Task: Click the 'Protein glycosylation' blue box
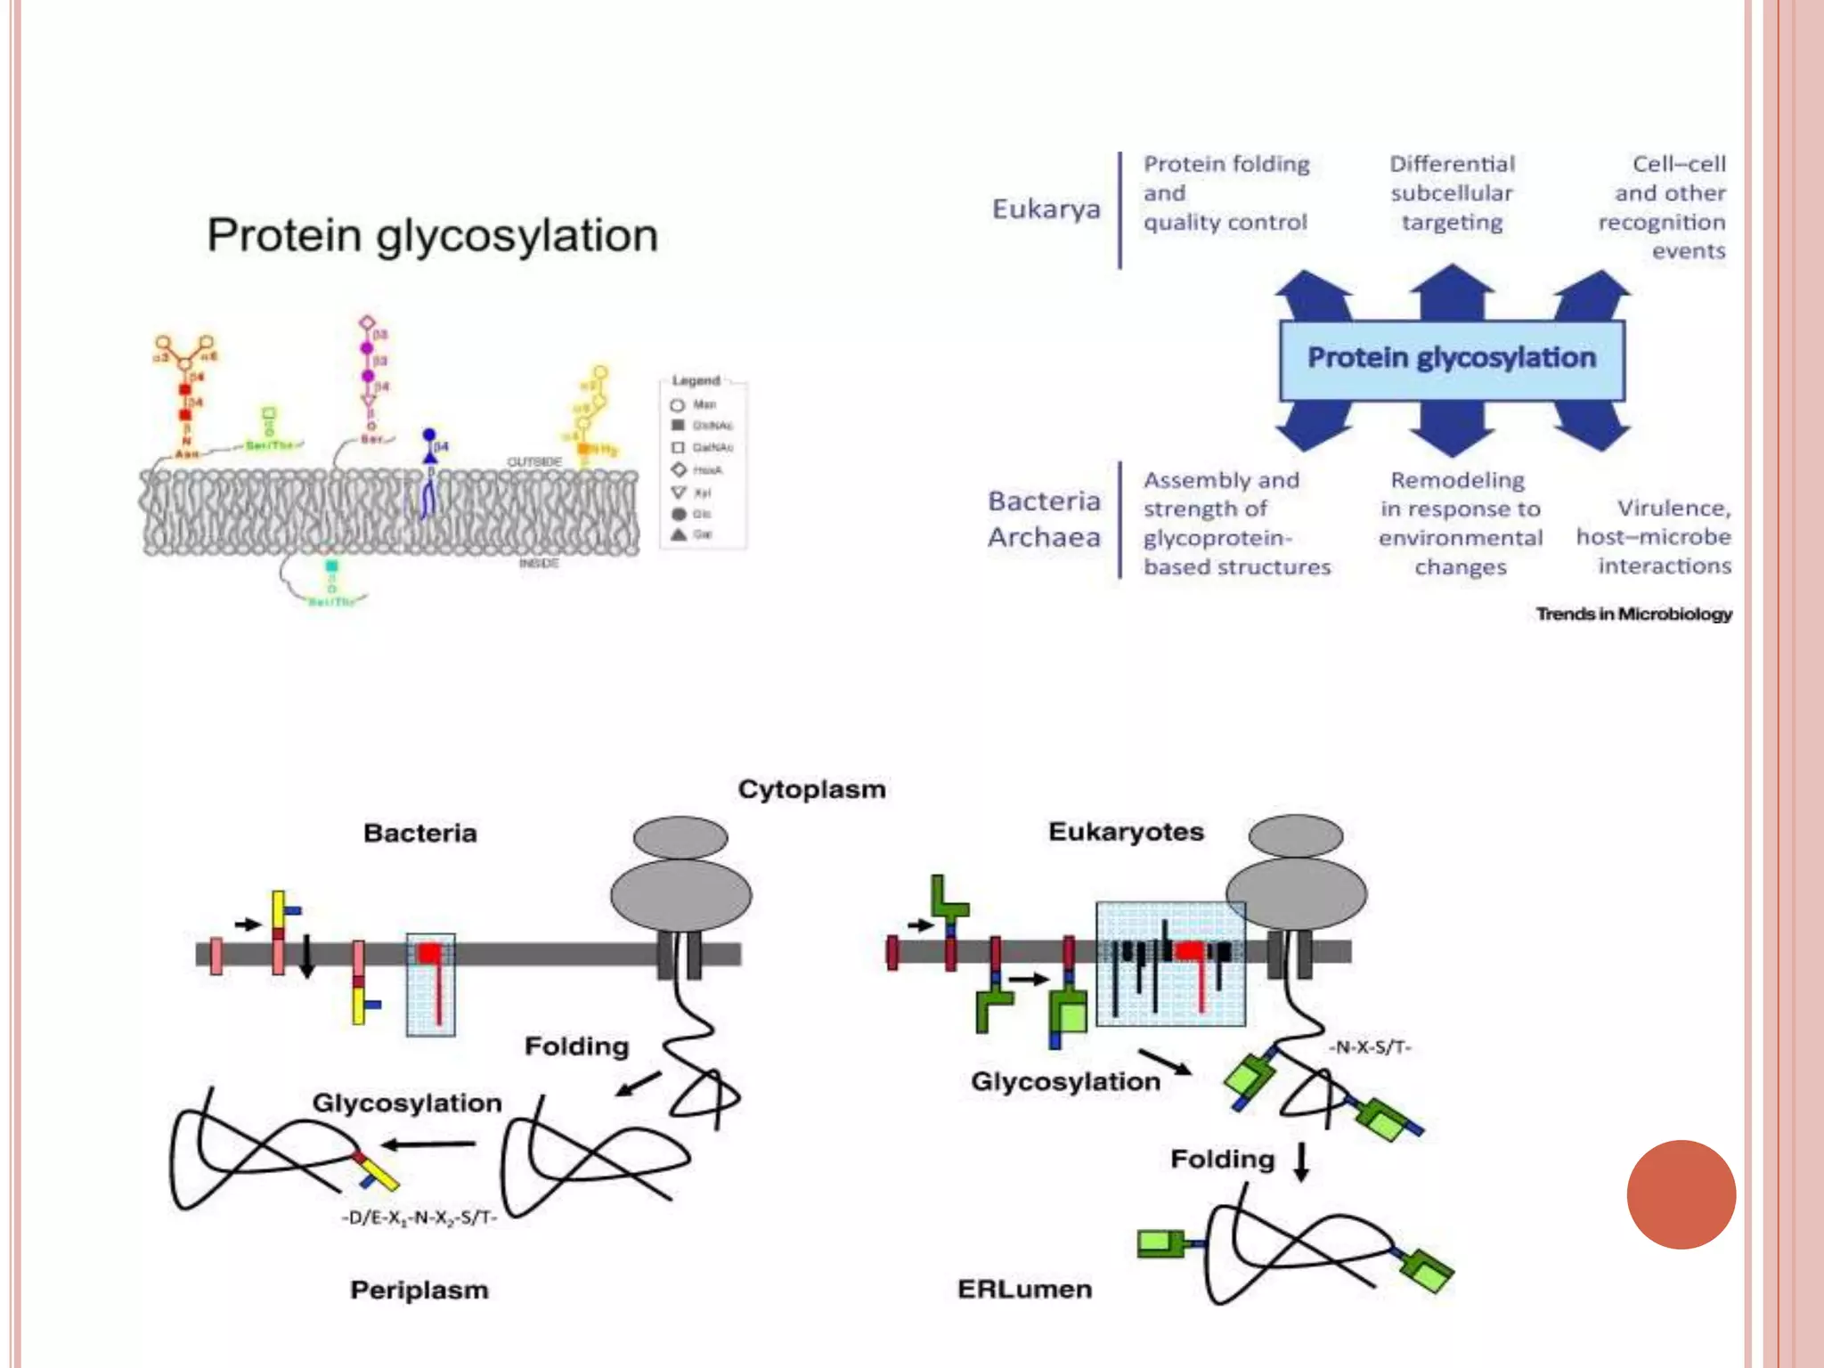(x=1451, y=359)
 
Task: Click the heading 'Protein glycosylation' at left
(x=432, y=236)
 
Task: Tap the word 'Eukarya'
(x=1046, y=209)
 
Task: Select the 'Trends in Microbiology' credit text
(x=1633, y=614)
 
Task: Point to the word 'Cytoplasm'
(x=811, y=789)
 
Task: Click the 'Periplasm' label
(x=419, y=1290)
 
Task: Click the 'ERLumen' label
(x=1024, y=1289)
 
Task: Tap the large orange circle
(x=1681, y=1194)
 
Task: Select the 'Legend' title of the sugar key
(x=696, y=380)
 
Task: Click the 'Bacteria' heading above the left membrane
(x=419, y=833)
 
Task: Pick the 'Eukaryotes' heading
(x=1126, y=832)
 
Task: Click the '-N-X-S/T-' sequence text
(x=1369, y=1047)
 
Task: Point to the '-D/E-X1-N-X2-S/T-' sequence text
(x=419, y=1217)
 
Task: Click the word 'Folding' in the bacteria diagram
(x=576, y=1046)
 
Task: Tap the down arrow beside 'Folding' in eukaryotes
(x=1301, y=1161)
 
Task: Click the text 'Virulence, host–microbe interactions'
(x=1655, y=536)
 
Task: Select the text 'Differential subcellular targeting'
(x=1452, y=193)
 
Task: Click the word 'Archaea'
(x=1044, y=537)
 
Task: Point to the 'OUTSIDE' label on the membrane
(x=534, y=461)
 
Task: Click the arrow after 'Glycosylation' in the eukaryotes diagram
(x=1165, y=1062)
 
